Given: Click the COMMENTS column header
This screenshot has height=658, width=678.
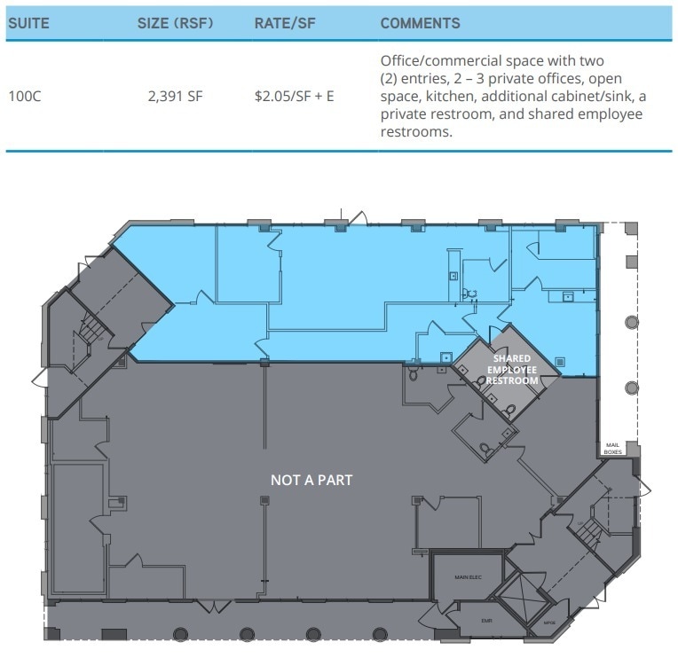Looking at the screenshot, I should coord(420,24).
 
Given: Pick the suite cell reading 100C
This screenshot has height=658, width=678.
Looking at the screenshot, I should coord(24,95).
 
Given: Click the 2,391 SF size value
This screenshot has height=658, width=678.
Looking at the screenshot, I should coord(175,95).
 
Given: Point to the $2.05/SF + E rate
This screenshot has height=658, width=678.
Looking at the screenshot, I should coord(294,95).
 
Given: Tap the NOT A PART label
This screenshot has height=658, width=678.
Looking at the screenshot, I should coord(311,480).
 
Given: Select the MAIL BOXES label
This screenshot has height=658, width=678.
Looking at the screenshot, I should coord(613,448).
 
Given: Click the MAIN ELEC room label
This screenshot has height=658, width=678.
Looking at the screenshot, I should coord(467,577).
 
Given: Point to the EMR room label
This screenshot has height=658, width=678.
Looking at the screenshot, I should coord(485,621).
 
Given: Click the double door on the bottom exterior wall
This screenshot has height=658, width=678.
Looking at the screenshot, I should coord(211,607).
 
